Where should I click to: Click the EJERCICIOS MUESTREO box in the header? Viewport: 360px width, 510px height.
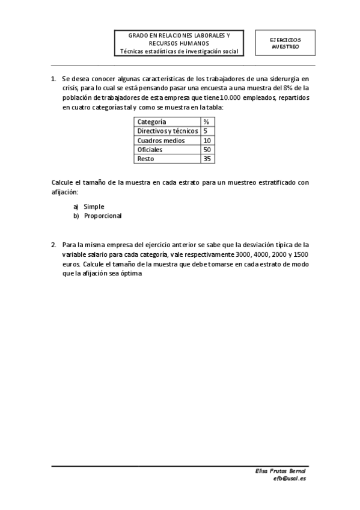coord(285,43)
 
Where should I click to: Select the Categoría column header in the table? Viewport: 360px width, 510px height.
coord(151,121)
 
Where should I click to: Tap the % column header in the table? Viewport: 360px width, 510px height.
coord(206,121)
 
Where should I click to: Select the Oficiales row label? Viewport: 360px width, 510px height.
coord(150,149)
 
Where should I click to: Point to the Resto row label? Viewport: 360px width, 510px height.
coord(145,159)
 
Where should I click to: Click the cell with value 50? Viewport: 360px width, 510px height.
coord(207,149)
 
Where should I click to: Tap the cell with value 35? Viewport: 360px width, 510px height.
coord(207,159)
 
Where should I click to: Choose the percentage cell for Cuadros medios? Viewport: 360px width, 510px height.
coord(207,140)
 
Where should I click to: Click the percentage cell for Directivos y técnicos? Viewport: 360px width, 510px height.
coord(206,131)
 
